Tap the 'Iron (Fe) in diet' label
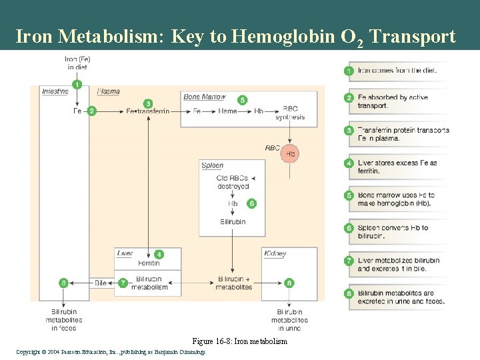pyautogui.click(x=77, y=63)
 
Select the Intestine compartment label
pyautogui.click(x=55, y=91)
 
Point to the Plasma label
pyautogui.click(x=108, y=91)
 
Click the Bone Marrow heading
pyautogui.click(x=205, y=97)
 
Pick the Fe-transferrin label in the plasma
pyautogui.click(x=147, y=111)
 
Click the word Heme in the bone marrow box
pyautogui.click(x=227, y=111)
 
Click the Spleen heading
pyautogui.click(x=212, y=165)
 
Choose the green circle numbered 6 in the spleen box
pyautogui.click(x=251, y=203)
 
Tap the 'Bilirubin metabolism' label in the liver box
pyautogui.click(x=149, y=283)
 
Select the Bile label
pyautogui.click(x=101, y=283)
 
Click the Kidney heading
pyautogui.click(x=275, y=254)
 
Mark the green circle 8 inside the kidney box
pyautogui.click(x=289, y=283)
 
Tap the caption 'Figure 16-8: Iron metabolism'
pyautogui.click(x=239, y=341)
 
